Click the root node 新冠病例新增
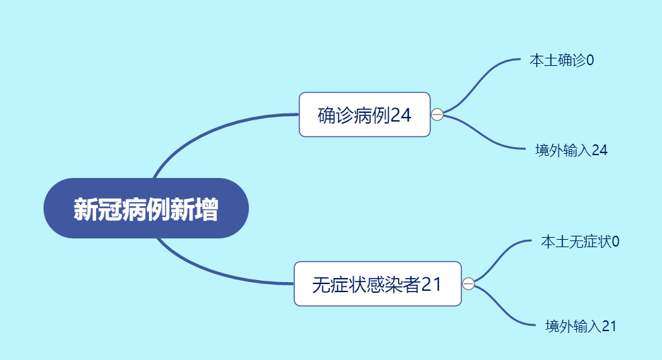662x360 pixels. tap(146, 208)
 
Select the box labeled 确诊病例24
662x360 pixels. tap(365, 114)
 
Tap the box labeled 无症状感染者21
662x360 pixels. tap(378, 284)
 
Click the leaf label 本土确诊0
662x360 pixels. tap(561, 60)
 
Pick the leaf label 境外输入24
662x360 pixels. tap(571, 150)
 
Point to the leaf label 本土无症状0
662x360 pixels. tap(580, 242)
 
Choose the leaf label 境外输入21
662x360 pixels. tap(581, 326)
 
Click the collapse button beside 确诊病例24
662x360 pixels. tap(437, 114)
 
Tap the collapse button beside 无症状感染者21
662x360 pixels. tap(469, 283)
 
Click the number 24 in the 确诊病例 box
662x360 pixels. tap(400, 115)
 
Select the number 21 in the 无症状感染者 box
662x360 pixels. tap(431, 284)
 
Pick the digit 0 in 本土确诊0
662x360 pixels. tap(590, 60)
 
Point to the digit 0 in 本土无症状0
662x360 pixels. tap(616, 242)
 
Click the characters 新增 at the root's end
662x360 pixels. tap(194, 209)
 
